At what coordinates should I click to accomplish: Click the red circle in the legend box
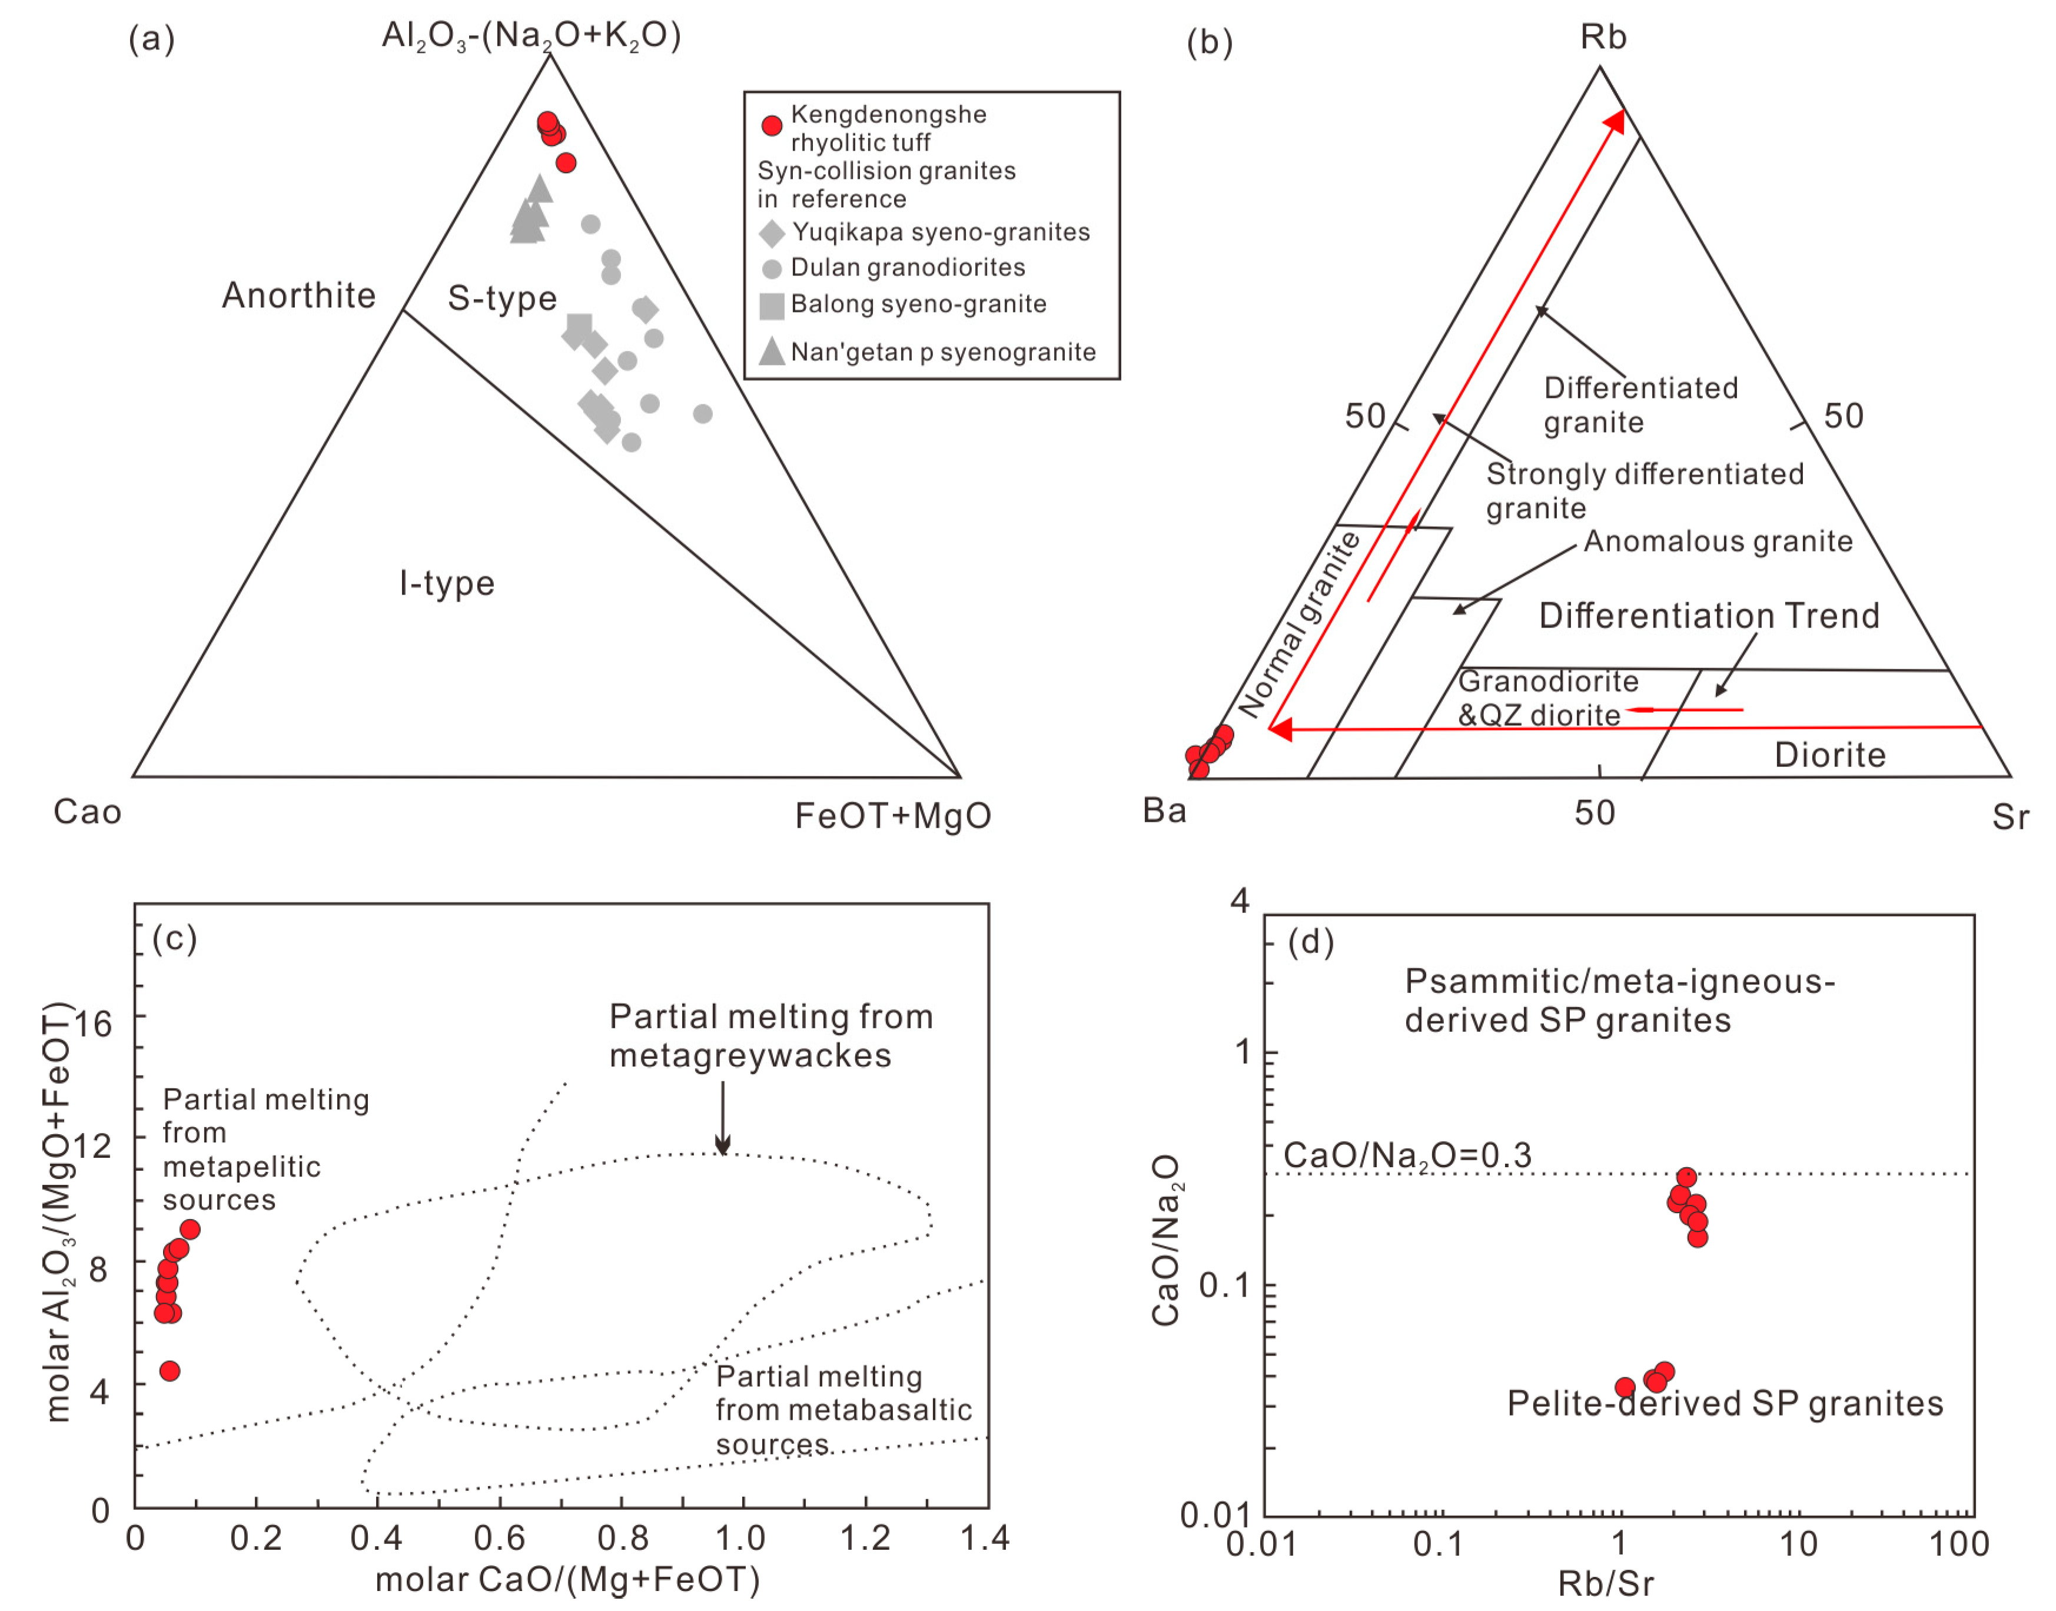772,125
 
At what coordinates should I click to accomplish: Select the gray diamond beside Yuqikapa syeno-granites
772,233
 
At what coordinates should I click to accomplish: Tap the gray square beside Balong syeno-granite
772,305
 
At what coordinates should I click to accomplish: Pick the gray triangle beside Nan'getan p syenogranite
772,351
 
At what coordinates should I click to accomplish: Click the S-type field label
501,298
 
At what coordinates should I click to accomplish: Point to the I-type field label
446,584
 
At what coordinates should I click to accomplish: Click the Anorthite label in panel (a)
298,296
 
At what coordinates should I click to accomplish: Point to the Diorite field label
1829,755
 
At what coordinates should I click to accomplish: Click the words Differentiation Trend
1709,616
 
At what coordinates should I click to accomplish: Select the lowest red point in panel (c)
169,1370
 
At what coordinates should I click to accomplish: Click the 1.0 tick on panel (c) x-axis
740,1539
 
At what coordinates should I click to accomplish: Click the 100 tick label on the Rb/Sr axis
1959,1544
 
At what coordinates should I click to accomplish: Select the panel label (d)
1311,941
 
